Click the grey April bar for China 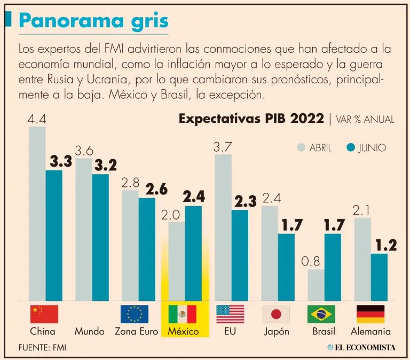pyautogui.click(x=37, y=214)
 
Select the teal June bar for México pyautogui.click(x=193, y=253)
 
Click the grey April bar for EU pyautogui.click(x=223, y=227)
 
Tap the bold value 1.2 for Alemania pyautogui.click(x=386, y=245)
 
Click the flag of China pyautogui.click(x=44, y=314)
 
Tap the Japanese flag pyautogui.click(x=276, y=314)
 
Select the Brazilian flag pyautogui.click(x=321, y=314)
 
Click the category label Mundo pyautogui.click(x=89, y=332)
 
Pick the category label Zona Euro pyautogui.click(x=136, y=332)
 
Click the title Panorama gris pyautogui.click(x=93, y=21)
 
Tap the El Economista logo pyautogui.click(x=361, y=347)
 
